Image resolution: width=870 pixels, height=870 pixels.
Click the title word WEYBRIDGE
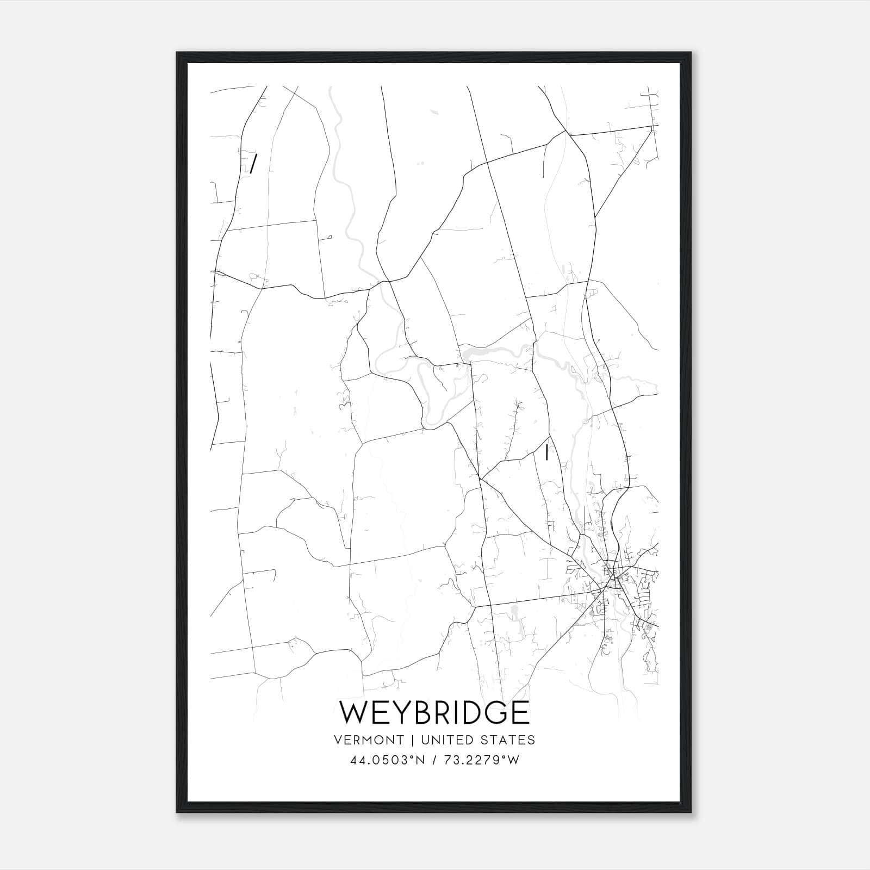pyautogui.click(x=434, y=712)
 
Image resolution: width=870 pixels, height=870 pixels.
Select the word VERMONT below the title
pyautogui.click(x=369, y=740)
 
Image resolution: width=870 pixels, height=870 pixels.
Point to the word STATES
pyautogui.click(x=508, y=740)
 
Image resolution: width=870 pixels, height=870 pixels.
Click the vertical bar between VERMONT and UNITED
pyautogui.click(x=411, y=740)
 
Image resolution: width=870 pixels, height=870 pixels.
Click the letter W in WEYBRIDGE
pyautogui.click(x=356, y=712)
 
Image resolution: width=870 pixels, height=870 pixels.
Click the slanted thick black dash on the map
pyautogui.click(x=253, y=163)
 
